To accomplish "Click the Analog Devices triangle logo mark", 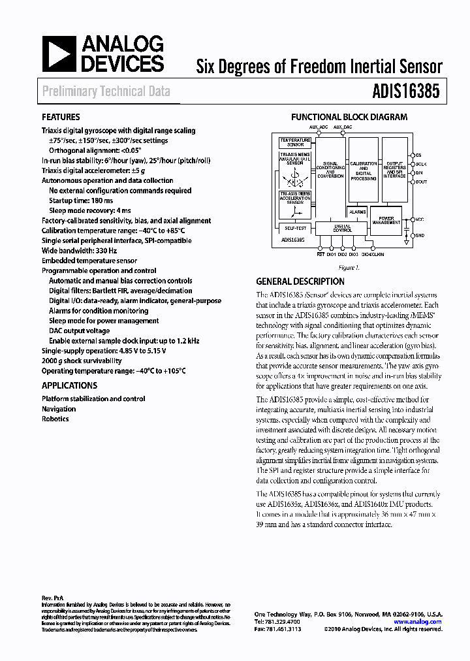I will (x=58, y=54).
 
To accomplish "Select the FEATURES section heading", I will (x=61, y=117).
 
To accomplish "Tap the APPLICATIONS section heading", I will (x=69, y=385).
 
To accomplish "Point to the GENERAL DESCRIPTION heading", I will (x=300, y=282).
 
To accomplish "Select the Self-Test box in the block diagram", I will (x=295, y=229).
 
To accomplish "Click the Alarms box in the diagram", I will (x=357, y=212).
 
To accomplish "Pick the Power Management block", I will (x=386, y=220).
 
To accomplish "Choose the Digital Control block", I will (x=343, y=229).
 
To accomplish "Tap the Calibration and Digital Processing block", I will (x=364, y=170).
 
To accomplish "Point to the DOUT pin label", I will (x=422, y=182).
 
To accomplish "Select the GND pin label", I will (x=420, y=234).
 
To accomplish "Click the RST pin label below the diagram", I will (x=321, y=255).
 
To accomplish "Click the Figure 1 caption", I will (x=349, y=268).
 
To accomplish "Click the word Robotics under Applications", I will (x=55, y=419).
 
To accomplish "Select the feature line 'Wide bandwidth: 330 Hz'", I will (x=80, y=250).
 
